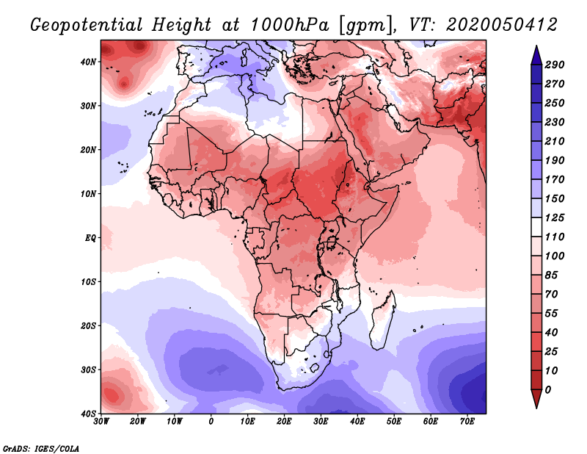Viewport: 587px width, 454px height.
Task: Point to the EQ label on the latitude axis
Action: [x=90, y=238]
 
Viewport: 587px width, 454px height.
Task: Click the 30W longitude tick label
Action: [x=101, y=422]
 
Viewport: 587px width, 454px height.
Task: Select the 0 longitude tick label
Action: [x=211, y=422]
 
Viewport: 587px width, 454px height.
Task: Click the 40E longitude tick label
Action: [x=357, y=422]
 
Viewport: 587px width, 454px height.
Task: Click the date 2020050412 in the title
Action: [x=491, y=24]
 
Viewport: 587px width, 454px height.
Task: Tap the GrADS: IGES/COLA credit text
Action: [x=41, y=447]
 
